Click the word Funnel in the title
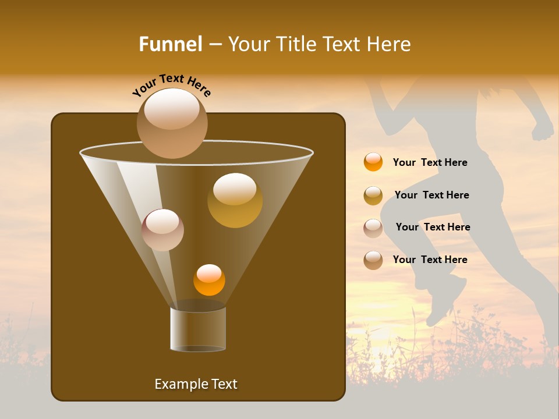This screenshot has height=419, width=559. pos(170,44)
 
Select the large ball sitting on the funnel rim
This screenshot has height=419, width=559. pos(172,123)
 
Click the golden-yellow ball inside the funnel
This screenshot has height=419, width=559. pos(235,200)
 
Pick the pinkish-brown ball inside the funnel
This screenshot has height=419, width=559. pos(162,230)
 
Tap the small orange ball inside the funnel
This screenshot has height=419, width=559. pos(209,280)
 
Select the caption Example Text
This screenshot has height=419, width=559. pos(196,384)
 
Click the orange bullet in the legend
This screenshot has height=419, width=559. pos(373,162)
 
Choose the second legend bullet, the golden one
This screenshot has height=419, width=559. pos(373,196)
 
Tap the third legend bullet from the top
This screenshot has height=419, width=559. pos(373,228)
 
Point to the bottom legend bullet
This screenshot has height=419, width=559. pos(373,260)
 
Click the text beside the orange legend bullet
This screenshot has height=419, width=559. pos(430,162)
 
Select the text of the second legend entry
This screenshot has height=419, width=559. pos(431,195)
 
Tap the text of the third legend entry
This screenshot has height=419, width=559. pos(433,227)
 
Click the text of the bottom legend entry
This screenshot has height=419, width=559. pos(430,260)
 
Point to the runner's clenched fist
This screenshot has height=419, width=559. pos(543,130)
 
